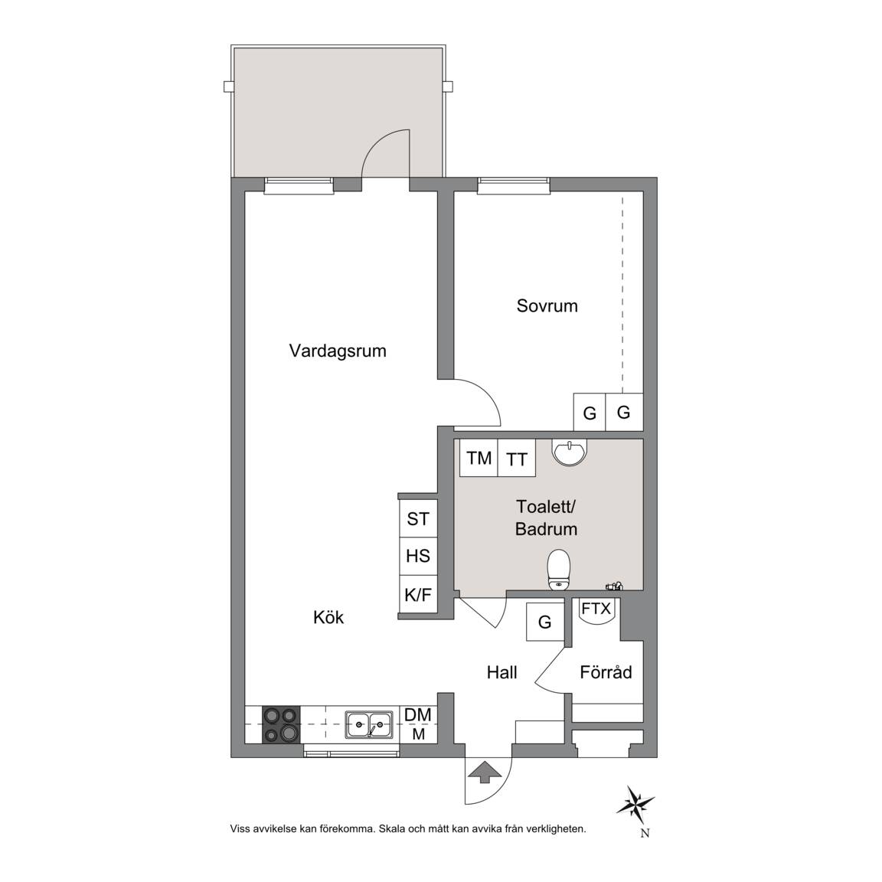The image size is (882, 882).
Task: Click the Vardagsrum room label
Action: (338, 351)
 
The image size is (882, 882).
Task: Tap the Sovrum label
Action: (547, 306)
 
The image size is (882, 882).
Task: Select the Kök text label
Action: (328, 617)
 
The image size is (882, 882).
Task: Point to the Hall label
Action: (501, 672)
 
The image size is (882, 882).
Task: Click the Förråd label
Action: (606, 671)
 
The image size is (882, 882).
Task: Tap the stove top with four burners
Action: (281, 724)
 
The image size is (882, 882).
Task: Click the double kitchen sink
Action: (369, 724)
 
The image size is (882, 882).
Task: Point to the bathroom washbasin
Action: (570, 452)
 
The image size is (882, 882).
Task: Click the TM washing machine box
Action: (479, 458)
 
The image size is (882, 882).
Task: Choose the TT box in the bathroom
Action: (516, 458)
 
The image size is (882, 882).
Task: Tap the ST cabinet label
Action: (418, 518)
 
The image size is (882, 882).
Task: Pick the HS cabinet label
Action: (418, 556)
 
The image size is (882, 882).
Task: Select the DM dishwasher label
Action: (418, 714)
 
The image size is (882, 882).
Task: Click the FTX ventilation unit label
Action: (596, 609)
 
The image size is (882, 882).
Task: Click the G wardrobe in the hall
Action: (544, 622)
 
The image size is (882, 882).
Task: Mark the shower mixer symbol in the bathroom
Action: (614, 586)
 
